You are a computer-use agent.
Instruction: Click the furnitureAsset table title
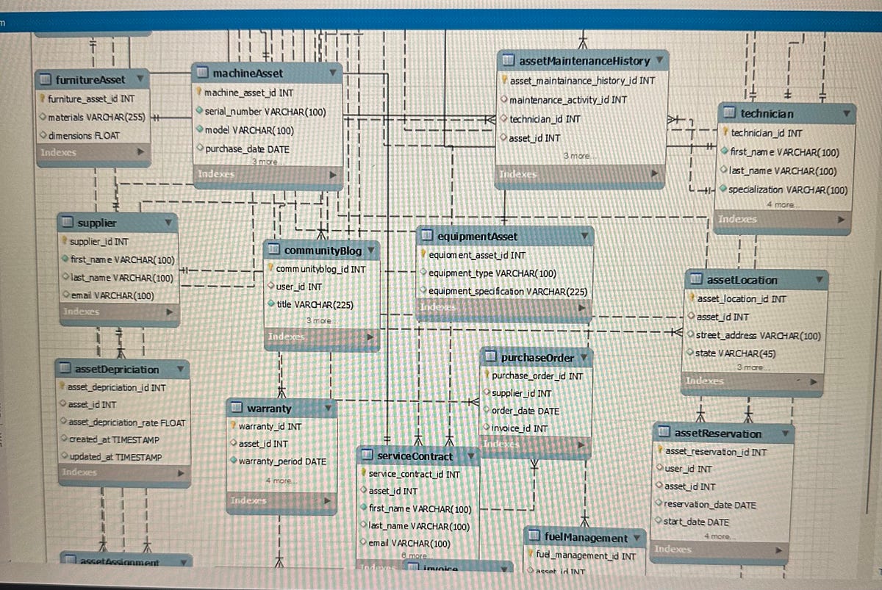pos(90,79)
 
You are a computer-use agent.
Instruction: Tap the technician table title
pos(767,114)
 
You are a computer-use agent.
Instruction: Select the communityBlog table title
pos(323,251)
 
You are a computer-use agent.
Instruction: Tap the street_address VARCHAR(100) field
pos(758,336)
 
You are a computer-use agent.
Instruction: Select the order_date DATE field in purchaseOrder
pos(525,411)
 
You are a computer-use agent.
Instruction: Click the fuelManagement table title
pos(586,538)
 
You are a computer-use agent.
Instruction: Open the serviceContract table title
pos(415,456)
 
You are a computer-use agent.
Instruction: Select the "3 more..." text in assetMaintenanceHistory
pos(578,156)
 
